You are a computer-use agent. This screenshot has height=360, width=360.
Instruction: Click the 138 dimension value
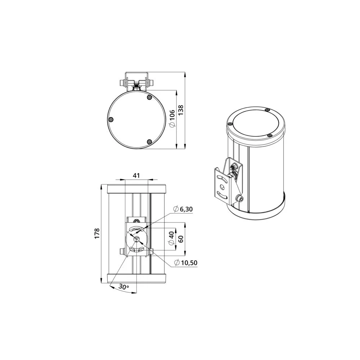[181, 110]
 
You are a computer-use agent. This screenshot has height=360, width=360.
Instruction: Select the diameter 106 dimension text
[172, 118]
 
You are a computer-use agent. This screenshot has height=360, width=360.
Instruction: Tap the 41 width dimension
[136, 175]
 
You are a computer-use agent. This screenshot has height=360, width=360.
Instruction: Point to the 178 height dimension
[97, 233]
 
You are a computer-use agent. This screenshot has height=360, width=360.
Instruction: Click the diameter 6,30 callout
[183, 209]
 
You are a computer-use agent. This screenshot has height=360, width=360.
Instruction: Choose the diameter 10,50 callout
[186, 262]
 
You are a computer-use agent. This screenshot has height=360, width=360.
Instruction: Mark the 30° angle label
[124, 287]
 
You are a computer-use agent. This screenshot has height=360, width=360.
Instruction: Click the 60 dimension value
[181, 239]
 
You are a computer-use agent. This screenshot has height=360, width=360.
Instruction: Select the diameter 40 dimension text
[171, 238]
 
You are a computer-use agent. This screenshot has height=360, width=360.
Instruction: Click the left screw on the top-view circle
[111, 120]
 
